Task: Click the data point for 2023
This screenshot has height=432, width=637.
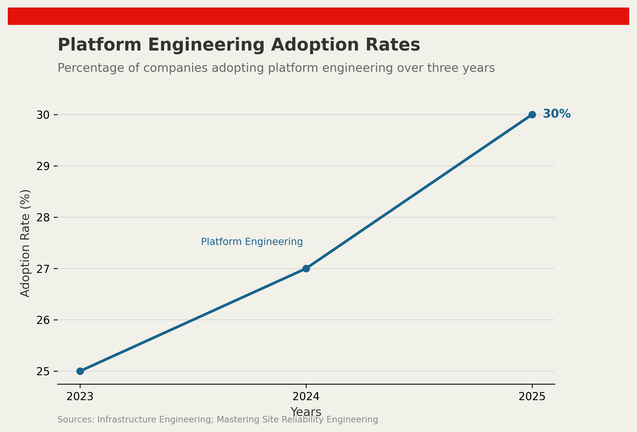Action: (80, 371)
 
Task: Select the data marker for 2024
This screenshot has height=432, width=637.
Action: (306, 268)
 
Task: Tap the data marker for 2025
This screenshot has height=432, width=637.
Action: (532, 115)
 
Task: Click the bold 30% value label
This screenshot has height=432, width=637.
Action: (556, 114)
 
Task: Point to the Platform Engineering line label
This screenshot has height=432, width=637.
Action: (252, 242)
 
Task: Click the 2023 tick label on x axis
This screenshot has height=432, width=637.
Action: (80, 396)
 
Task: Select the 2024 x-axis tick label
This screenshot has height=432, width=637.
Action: (306, 396)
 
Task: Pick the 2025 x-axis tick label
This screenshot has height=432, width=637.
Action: (532, 396)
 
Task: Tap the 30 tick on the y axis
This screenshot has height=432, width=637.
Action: (43, 115)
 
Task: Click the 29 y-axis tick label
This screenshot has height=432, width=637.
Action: (43, 166)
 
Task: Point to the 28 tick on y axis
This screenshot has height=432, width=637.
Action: (43, 217)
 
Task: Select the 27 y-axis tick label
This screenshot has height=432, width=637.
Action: (43, 269)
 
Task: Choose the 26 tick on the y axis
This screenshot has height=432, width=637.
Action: (43, 320)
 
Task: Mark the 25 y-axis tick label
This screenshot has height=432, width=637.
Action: (43, 371)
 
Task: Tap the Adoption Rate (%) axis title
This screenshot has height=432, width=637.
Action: (25, 243)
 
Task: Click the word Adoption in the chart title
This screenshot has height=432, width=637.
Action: (315, 45)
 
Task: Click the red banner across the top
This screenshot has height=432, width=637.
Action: (319, 16)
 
